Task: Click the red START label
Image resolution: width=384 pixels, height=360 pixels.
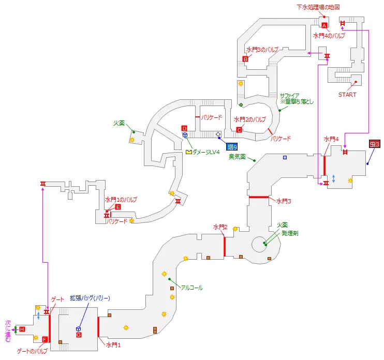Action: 347,95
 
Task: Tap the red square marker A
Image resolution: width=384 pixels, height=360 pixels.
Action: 324,25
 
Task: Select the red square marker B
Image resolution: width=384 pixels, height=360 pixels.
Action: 246,59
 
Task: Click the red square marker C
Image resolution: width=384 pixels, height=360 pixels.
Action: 239,129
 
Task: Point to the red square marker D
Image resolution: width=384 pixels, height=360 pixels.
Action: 184,128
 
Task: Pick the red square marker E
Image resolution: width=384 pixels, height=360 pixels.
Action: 118,207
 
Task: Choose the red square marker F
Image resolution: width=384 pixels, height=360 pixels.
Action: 45,339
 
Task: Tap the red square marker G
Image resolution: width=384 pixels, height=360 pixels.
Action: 79,335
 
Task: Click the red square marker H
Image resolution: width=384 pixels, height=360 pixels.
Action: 22,329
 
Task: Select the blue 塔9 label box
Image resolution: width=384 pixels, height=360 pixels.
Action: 231,146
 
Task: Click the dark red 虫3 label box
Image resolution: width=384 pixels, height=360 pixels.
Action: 375,144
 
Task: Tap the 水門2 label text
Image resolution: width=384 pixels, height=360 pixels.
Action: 220,227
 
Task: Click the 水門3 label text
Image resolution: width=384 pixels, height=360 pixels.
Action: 284,201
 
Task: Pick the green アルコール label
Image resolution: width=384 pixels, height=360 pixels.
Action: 192,288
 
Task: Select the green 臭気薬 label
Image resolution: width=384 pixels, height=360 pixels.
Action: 237,156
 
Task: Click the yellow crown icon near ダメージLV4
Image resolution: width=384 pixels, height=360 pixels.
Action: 189,152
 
